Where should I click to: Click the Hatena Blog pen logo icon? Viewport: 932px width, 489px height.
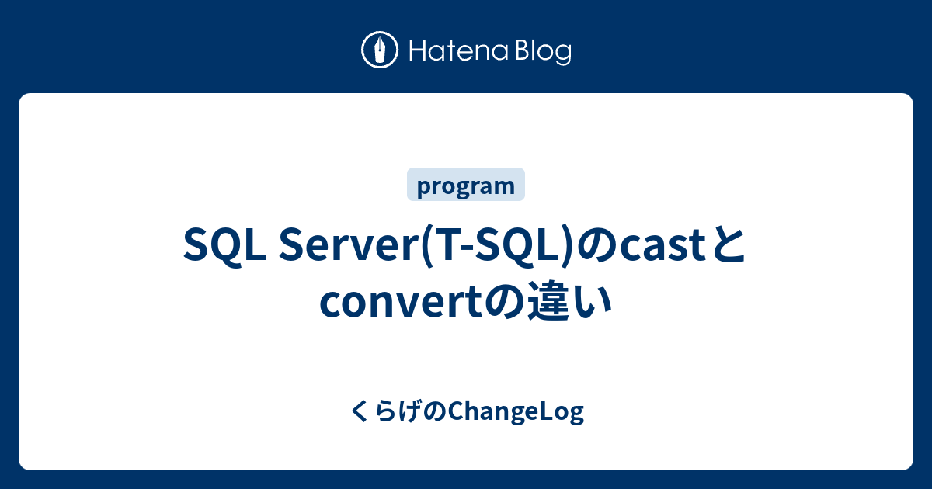380,51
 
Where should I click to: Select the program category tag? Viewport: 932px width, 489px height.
466,186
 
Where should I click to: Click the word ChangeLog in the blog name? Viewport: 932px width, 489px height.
516,413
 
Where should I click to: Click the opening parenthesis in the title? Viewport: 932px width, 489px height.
423,246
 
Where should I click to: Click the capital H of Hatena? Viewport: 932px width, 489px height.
415,52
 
